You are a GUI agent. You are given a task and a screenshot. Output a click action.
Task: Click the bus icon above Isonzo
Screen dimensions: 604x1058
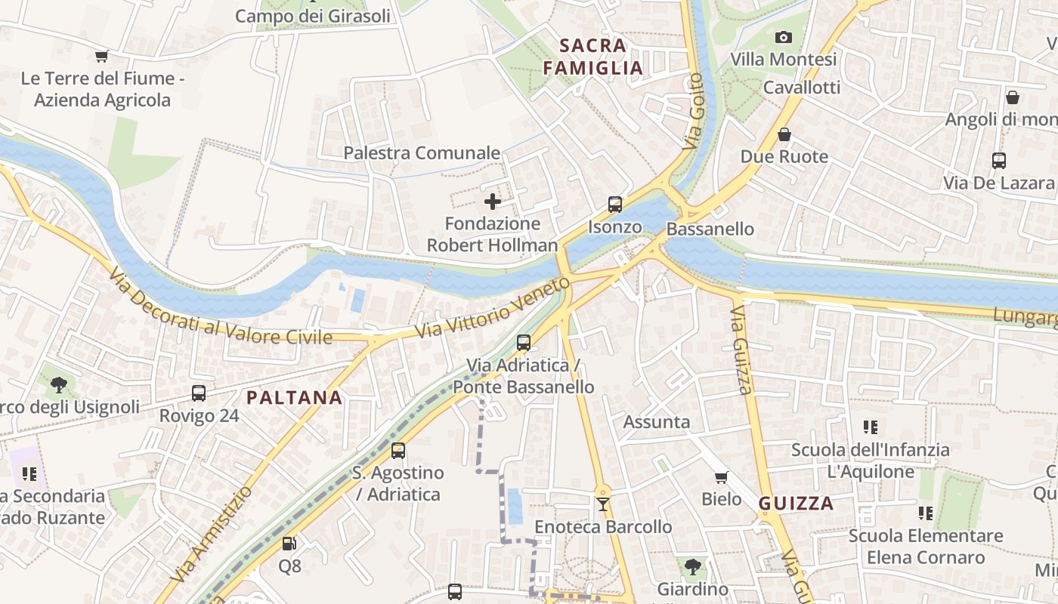click(615, 204)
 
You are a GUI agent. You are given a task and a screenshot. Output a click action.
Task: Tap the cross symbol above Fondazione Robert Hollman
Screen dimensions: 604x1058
click(493, 202)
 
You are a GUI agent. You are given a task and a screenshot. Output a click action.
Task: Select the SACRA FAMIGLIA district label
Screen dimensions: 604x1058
click(593, 57)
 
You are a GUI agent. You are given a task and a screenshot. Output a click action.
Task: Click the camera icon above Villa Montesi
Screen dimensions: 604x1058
click(784, 37)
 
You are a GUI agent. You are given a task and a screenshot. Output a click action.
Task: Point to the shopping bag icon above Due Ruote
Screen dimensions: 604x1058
click(784, 134)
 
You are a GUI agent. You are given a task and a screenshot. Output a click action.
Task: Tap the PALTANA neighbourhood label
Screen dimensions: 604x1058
click(295, 397)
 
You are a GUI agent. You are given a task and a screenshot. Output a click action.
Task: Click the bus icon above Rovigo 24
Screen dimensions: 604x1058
click(199, 393)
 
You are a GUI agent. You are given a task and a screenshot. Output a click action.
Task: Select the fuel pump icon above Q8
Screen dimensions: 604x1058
click(289, 543)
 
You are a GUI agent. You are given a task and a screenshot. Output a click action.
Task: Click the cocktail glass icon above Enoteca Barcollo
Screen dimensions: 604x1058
click(602, 504)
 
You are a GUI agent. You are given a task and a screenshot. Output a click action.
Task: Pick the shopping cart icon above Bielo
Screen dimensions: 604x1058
click(721, 476)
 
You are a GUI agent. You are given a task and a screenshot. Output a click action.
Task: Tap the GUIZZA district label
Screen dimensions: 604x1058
click(796, 504)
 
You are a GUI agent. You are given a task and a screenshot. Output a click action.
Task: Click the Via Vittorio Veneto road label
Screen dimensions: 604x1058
click(492, 308)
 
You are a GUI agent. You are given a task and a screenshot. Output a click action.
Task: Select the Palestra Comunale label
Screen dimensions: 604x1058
click(422, 153)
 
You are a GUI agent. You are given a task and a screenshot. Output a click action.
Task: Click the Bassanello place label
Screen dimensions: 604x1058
click(710, 229)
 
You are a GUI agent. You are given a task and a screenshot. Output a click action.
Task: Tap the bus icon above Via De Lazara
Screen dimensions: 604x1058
click(998, 160)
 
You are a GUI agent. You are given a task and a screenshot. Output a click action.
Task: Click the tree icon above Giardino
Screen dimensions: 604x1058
click(692, 566)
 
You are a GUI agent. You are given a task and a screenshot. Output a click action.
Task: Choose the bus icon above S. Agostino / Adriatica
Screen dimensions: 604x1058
click(398, 451)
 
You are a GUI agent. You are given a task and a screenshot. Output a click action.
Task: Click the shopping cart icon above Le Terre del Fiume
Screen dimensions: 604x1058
click(102, 56)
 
